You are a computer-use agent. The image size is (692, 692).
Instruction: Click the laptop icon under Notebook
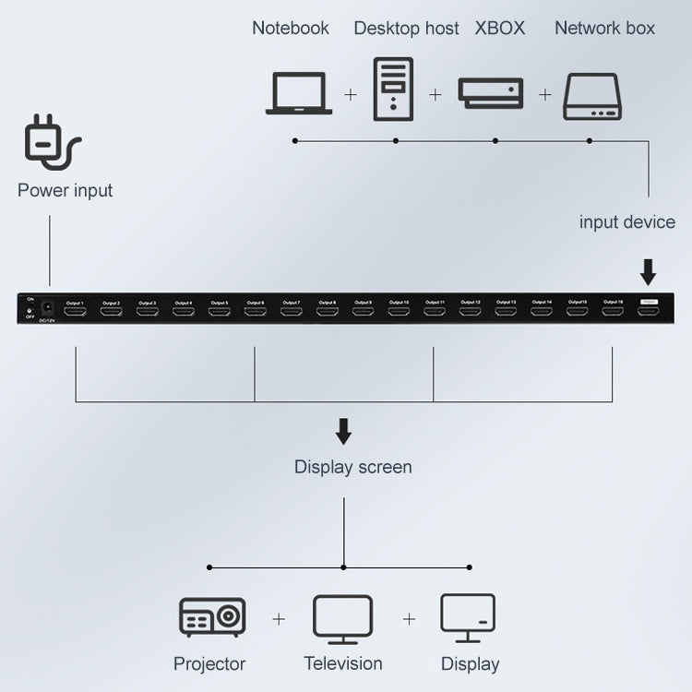tap(299, 93)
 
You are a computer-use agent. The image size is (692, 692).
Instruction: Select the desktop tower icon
tap(394, 89)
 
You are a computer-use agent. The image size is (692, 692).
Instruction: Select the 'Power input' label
tap(65, 191)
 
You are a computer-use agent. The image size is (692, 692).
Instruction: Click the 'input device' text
tap(626, 221)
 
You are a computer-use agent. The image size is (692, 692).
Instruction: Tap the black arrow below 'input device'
tap(649, 271)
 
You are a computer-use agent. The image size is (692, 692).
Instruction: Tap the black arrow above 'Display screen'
tap(343, 431)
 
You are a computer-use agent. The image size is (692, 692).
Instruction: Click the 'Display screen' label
tap(352, 467)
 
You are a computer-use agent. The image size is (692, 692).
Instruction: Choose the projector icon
tap(211, 618)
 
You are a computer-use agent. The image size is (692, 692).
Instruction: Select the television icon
tap(342, 619)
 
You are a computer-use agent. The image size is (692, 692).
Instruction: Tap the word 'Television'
tap(342, 663)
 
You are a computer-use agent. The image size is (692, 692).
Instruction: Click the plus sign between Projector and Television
tap(279, 619)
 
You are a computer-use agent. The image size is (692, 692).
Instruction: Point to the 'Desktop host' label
tap(406, 29)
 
